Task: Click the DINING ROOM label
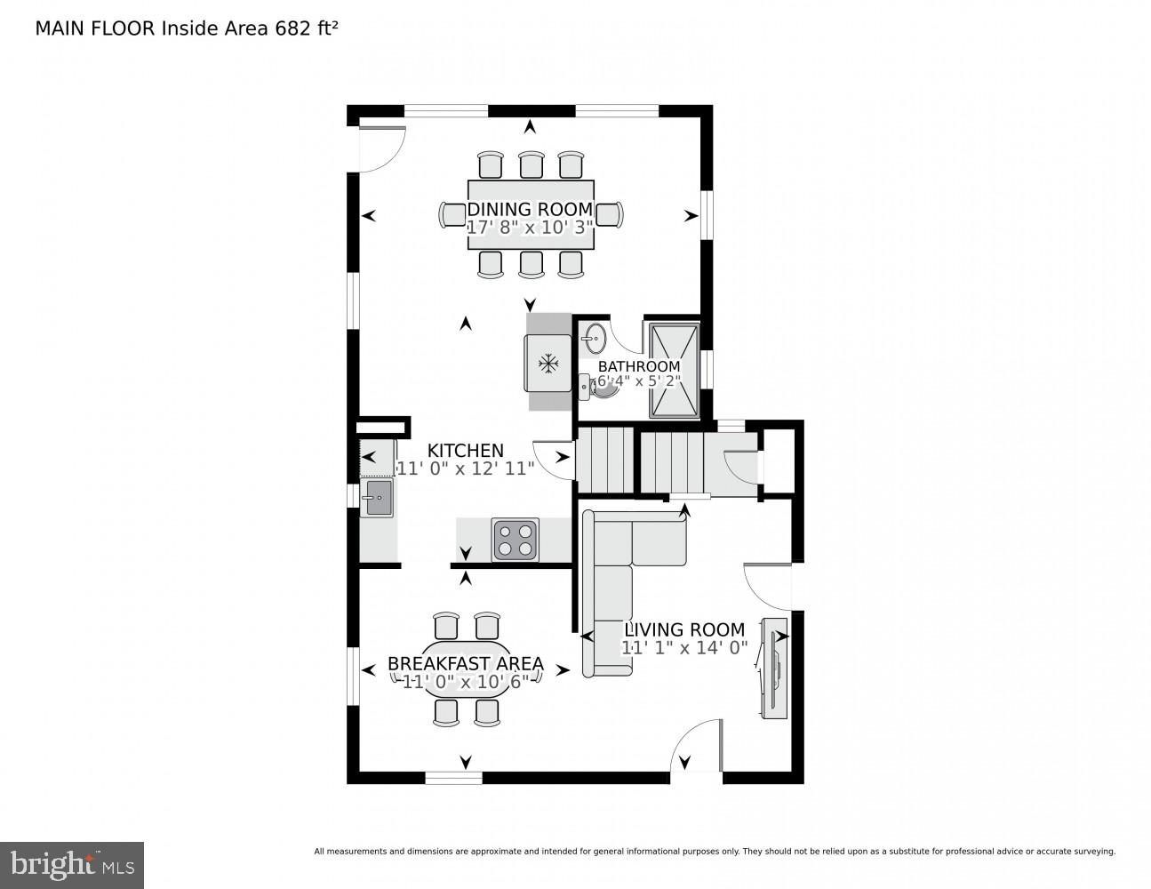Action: (x=530, y=209)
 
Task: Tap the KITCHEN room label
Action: (x=465, y=451)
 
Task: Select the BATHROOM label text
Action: (x=638, y=366)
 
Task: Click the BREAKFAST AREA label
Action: (x=465, y=664)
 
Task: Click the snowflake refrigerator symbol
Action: (x=548, y=363)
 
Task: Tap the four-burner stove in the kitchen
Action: (x=516, y=540)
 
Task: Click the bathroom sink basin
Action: (x=595, y=338)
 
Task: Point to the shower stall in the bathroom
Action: (x=675, y=371)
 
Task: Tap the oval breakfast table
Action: (x=466, y=669)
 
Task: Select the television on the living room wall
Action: (x=773, y=668)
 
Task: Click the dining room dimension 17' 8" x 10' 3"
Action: (x=530, y=228)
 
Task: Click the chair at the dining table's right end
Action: (x=609, y=214)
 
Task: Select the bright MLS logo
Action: (x=72, y=864)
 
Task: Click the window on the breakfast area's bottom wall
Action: (x=453, y=778)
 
